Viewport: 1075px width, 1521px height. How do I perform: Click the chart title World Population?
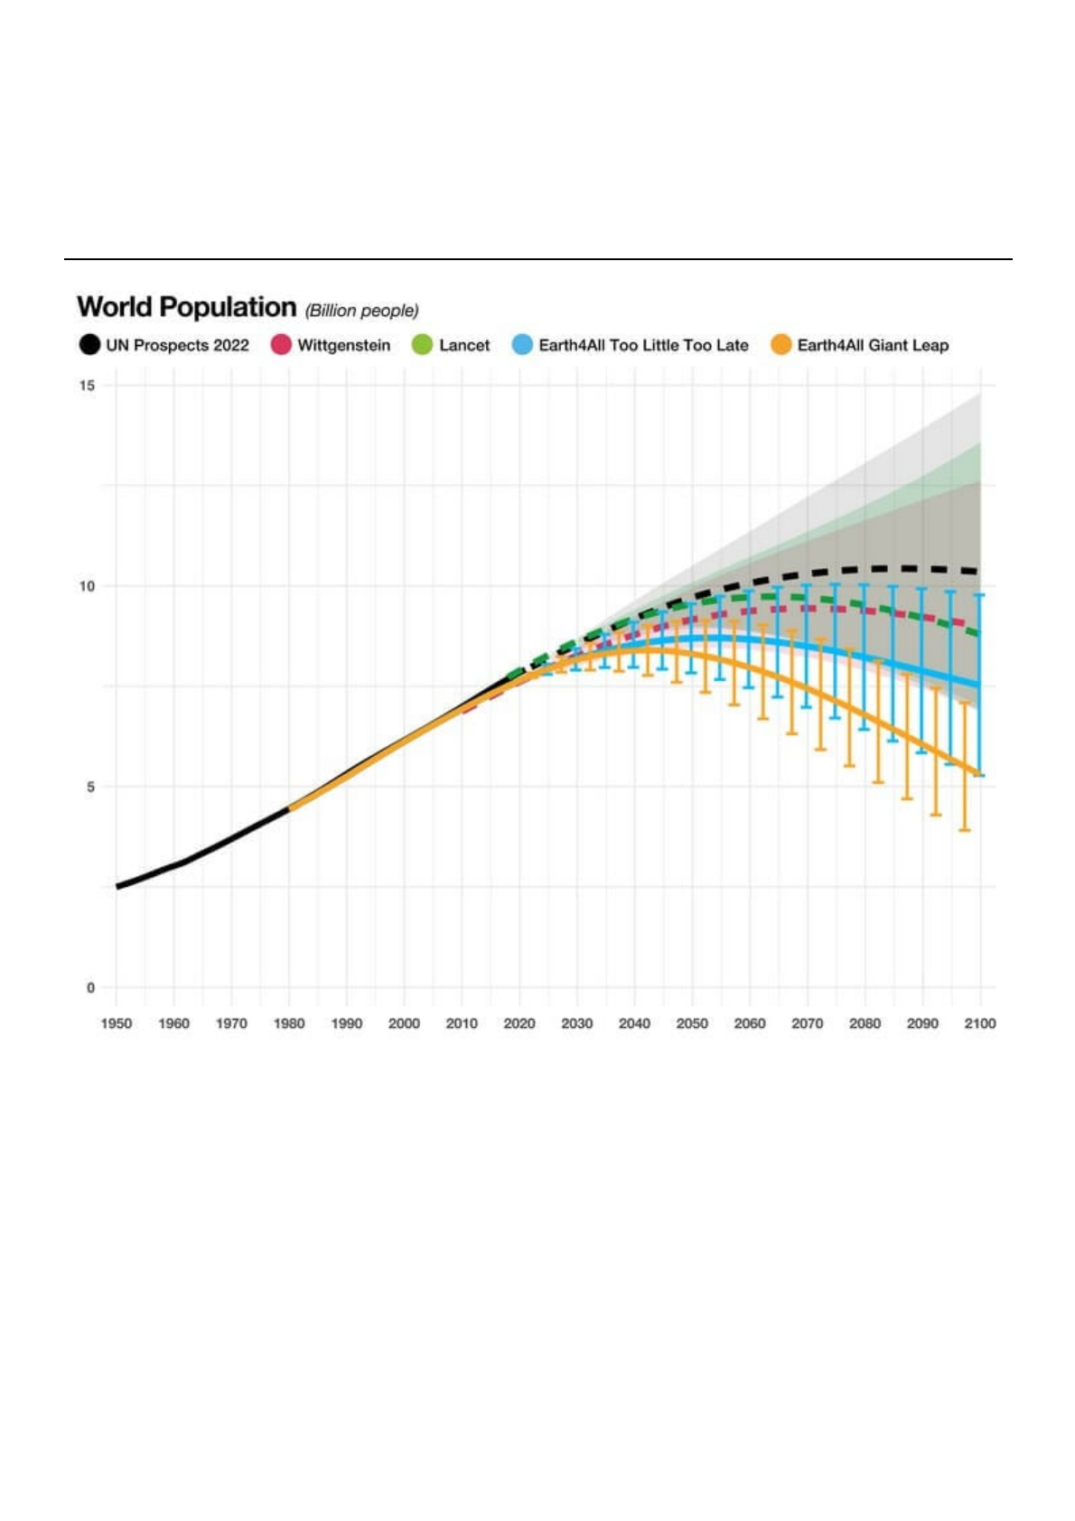(186, 307)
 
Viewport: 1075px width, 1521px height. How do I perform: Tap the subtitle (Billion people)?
(361, 311)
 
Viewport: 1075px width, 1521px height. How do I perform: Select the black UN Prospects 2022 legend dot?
(89, 345)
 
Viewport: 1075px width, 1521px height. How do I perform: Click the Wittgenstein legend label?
(343, 345)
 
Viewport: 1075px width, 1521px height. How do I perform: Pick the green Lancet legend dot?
(422, 345)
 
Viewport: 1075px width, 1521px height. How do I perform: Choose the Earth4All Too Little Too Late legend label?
(643, 345)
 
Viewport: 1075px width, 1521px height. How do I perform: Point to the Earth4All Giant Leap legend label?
(873, 345)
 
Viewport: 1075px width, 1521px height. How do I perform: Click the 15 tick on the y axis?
(87, 386)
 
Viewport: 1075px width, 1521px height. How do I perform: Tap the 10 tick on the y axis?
(87, 586)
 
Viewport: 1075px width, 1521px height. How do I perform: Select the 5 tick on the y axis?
(89, 787)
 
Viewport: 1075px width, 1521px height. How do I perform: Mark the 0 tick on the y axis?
(89, 987)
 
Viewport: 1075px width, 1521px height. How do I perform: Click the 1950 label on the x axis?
(117, 1023)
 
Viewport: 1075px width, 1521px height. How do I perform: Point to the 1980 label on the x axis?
(289, 1023)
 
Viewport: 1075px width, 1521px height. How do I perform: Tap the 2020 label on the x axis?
(519, 1023)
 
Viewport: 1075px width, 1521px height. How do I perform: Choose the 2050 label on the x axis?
(692, 1023)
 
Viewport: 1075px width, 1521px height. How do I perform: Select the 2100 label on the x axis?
(980, 1023)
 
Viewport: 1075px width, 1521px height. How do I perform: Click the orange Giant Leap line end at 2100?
(979, 773)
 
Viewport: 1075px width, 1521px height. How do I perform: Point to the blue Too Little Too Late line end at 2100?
(979, 686)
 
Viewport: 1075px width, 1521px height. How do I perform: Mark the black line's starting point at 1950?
(117, 886)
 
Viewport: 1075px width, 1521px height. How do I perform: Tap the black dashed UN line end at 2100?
(977, 571)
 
